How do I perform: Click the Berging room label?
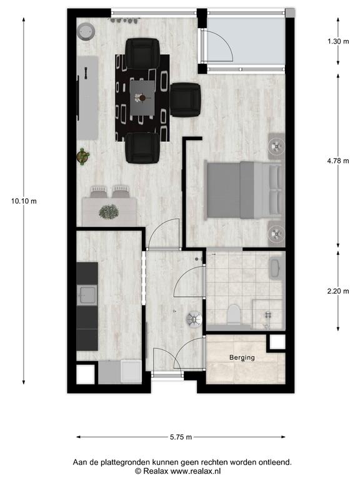242,357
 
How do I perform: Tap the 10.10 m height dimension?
24,201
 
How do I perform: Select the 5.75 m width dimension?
181,437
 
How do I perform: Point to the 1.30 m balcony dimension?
338,41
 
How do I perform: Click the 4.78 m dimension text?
338,161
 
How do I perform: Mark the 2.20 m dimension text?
338,291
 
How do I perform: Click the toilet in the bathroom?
234,314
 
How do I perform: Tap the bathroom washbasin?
277,268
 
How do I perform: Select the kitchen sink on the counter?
87,295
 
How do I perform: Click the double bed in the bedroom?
244,190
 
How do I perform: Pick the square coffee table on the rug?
142,98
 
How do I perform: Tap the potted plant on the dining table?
109,211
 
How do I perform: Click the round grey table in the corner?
86,31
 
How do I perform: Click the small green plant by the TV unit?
82,156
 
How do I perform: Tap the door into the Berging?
189,354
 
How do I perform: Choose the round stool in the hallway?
194,319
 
